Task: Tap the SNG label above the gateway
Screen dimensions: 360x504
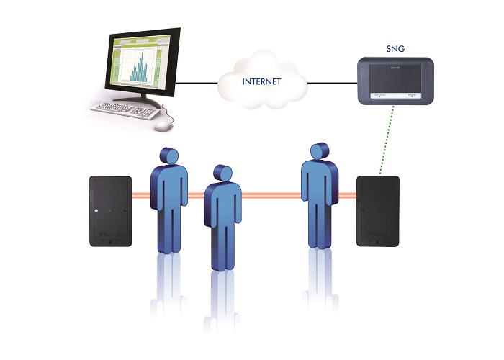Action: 395,50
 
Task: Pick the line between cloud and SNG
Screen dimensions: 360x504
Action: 333,83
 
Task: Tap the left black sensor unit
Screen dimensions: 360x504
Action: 110,212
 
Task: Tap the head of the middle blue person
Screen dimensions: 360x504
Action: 222,174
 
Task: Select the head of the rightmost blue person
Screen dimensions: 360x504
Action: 318,151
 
